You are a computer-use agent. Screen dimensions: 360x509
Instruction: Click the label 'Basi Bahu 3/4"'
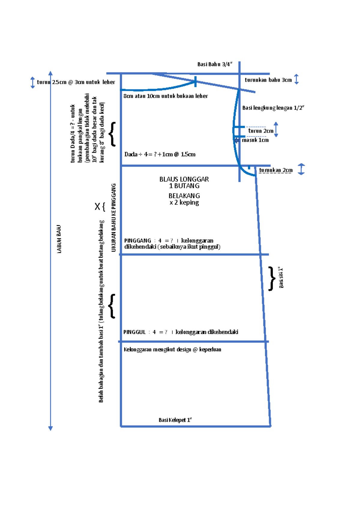215,64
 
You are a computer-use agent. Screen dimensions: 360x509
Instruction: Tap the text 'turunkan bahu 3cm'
268,80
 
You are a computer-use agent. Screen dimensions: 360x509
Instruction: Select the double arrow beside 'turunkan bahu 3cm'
296,79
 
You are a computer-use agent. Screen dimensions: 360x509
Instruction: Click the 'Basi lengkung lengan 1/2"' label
273,108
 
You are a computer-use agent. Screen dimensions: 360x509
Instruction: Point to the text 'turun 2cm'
261,131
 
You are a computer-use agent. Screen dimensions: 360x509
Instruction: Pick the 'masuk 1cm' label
255,140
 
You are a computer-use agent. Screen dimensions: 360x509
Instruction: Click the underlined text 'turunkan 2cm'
276,170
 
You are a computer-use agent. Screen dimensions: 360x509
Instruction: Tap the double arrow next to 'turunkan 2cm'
301,169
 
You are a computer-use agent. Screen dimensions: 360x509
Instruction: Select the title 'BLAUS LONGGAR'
184,179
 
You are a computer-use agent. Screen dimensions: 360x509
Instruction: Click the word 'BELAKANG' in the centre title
184,196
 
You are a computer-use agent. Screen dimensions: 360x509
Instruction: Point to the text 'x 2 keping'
184,202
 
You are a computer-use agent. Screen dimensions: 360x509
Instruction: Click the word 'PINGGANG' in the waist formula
138,240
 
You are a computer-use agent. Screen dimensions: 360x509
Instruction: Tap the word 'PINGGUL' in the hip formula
134,332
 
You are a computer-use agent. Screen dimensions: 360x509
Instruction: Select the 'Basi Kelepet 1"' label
175,420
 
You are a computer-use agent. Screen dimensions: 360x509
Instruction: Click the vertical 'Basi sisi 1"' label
281,278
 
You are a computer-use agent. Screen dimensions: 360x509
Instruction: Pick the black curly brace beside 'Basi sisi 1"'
271,278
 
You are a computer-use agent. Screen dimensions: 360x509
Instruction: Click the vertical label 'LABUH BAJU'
59,239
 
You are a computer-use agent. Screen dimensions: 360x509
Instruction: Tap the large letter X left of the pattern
97,207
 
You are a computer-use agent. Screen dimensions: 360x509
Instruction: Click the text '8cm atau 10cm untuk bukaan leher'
166,96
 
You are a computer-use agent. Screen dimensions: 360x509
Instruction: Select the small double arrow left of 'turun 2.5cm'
32,82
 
